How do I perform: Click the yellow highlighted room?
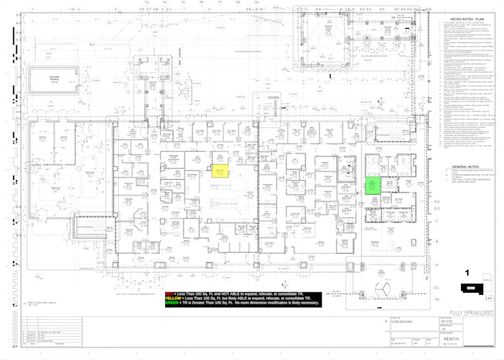tap(219, 171)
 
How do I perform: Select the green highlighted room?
tap(371, 186)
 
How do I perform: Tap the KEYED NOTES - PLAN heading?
tap(468, 20)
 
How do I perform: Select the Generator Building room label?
tap(53, 79)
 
